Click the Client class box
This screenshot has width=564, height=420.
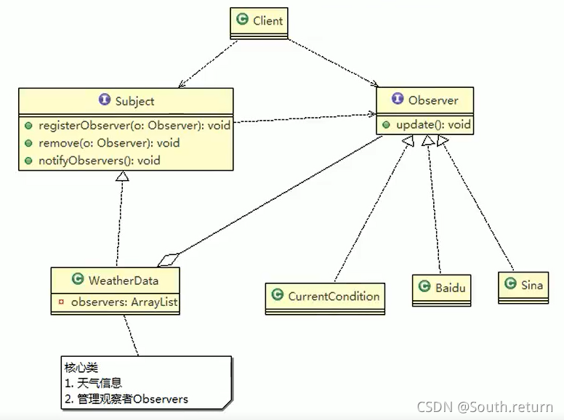pyautogui.click(x=259, y=22)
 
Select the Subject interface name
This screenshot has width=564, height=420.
pyautogui.click(x=134, y=101)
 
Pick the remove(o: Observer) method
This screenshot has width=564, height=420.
pyautogui.click(x=108, y=142)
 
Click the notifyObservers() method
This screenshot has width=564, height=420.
pyautogui.click(x=99, y=160)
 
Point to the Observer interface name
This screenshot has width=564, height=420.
pyautogui.click(x=433, y=100)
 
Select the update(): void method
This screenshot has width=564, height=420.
pyautogui.click(x=433, y=124)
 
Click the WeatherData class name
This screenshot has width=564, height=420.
pyautogui.click(x=123, y=280)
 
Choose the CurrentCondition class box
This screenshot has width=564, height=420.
pyautogui.click(x=325, y=296)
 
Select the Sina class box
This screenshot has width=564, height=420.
pyautogui.click(x=523, y=286)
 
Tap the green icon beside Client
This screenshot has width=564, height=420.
pyautogui.click(x=243, y=20)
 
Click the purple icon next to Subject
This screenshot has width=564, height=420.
pyautogui.click(x=104, y=101)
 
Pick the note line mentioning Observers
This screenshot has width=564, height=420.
pyautogui.click(x=126, y=398)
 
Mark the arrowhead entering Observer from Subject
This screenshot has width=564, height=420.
pyautogui.click(x=371, y=114)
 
